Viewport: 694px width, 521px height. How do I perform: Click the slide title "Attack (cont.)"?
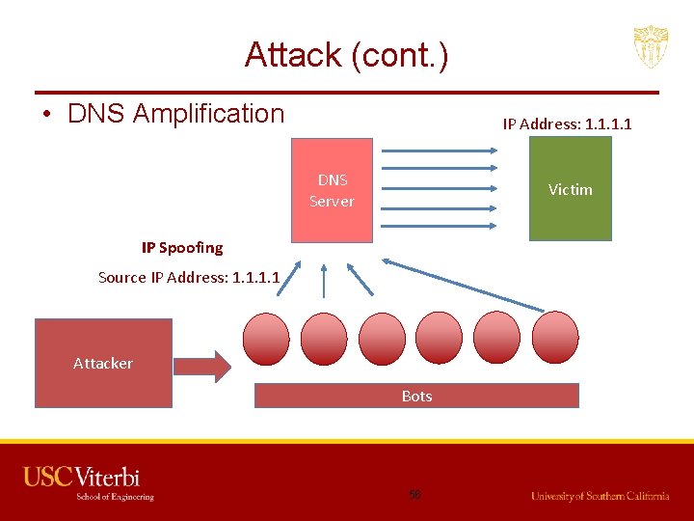coord(346,55)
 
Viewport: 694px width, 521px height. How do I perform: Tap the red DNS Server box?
coord(332,190)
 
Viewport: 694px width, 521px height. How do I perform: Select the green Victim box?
coord(570,188)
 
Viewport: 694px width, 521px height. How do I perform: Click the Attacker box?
coord(103,363)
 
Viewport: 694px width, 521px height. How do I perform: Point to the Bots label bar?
coord(416,396)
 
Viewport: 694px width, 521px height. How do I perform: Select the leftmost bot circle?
coord(266,338)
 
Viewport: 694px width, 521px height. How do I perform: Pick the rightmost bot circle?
coord(554,338)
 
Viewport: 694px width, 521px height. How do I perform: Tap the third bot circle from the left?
coord(382,338)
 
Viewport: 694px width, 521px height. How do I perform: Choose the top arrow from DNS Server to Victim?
coord(440,151)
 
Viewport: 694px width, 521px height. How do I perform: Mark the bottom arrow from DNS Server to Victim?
coord(440,226)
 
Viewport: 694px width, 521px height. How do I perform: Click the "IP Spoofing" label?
coord(182,248)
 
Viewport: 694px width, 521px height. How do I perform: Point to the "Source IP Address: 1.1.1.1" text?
coord(189,278)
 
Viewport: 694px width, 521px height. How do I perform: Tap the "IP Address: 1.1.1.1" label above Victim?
coord(567,123)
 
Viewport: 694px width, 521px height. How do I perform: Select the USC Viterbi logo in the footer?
coord(88,483)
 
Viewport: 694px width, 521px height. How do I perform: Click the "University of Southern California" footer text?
coord(600,496)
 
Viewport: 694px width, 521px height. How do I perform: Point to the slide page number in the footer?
coord(415,494)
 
